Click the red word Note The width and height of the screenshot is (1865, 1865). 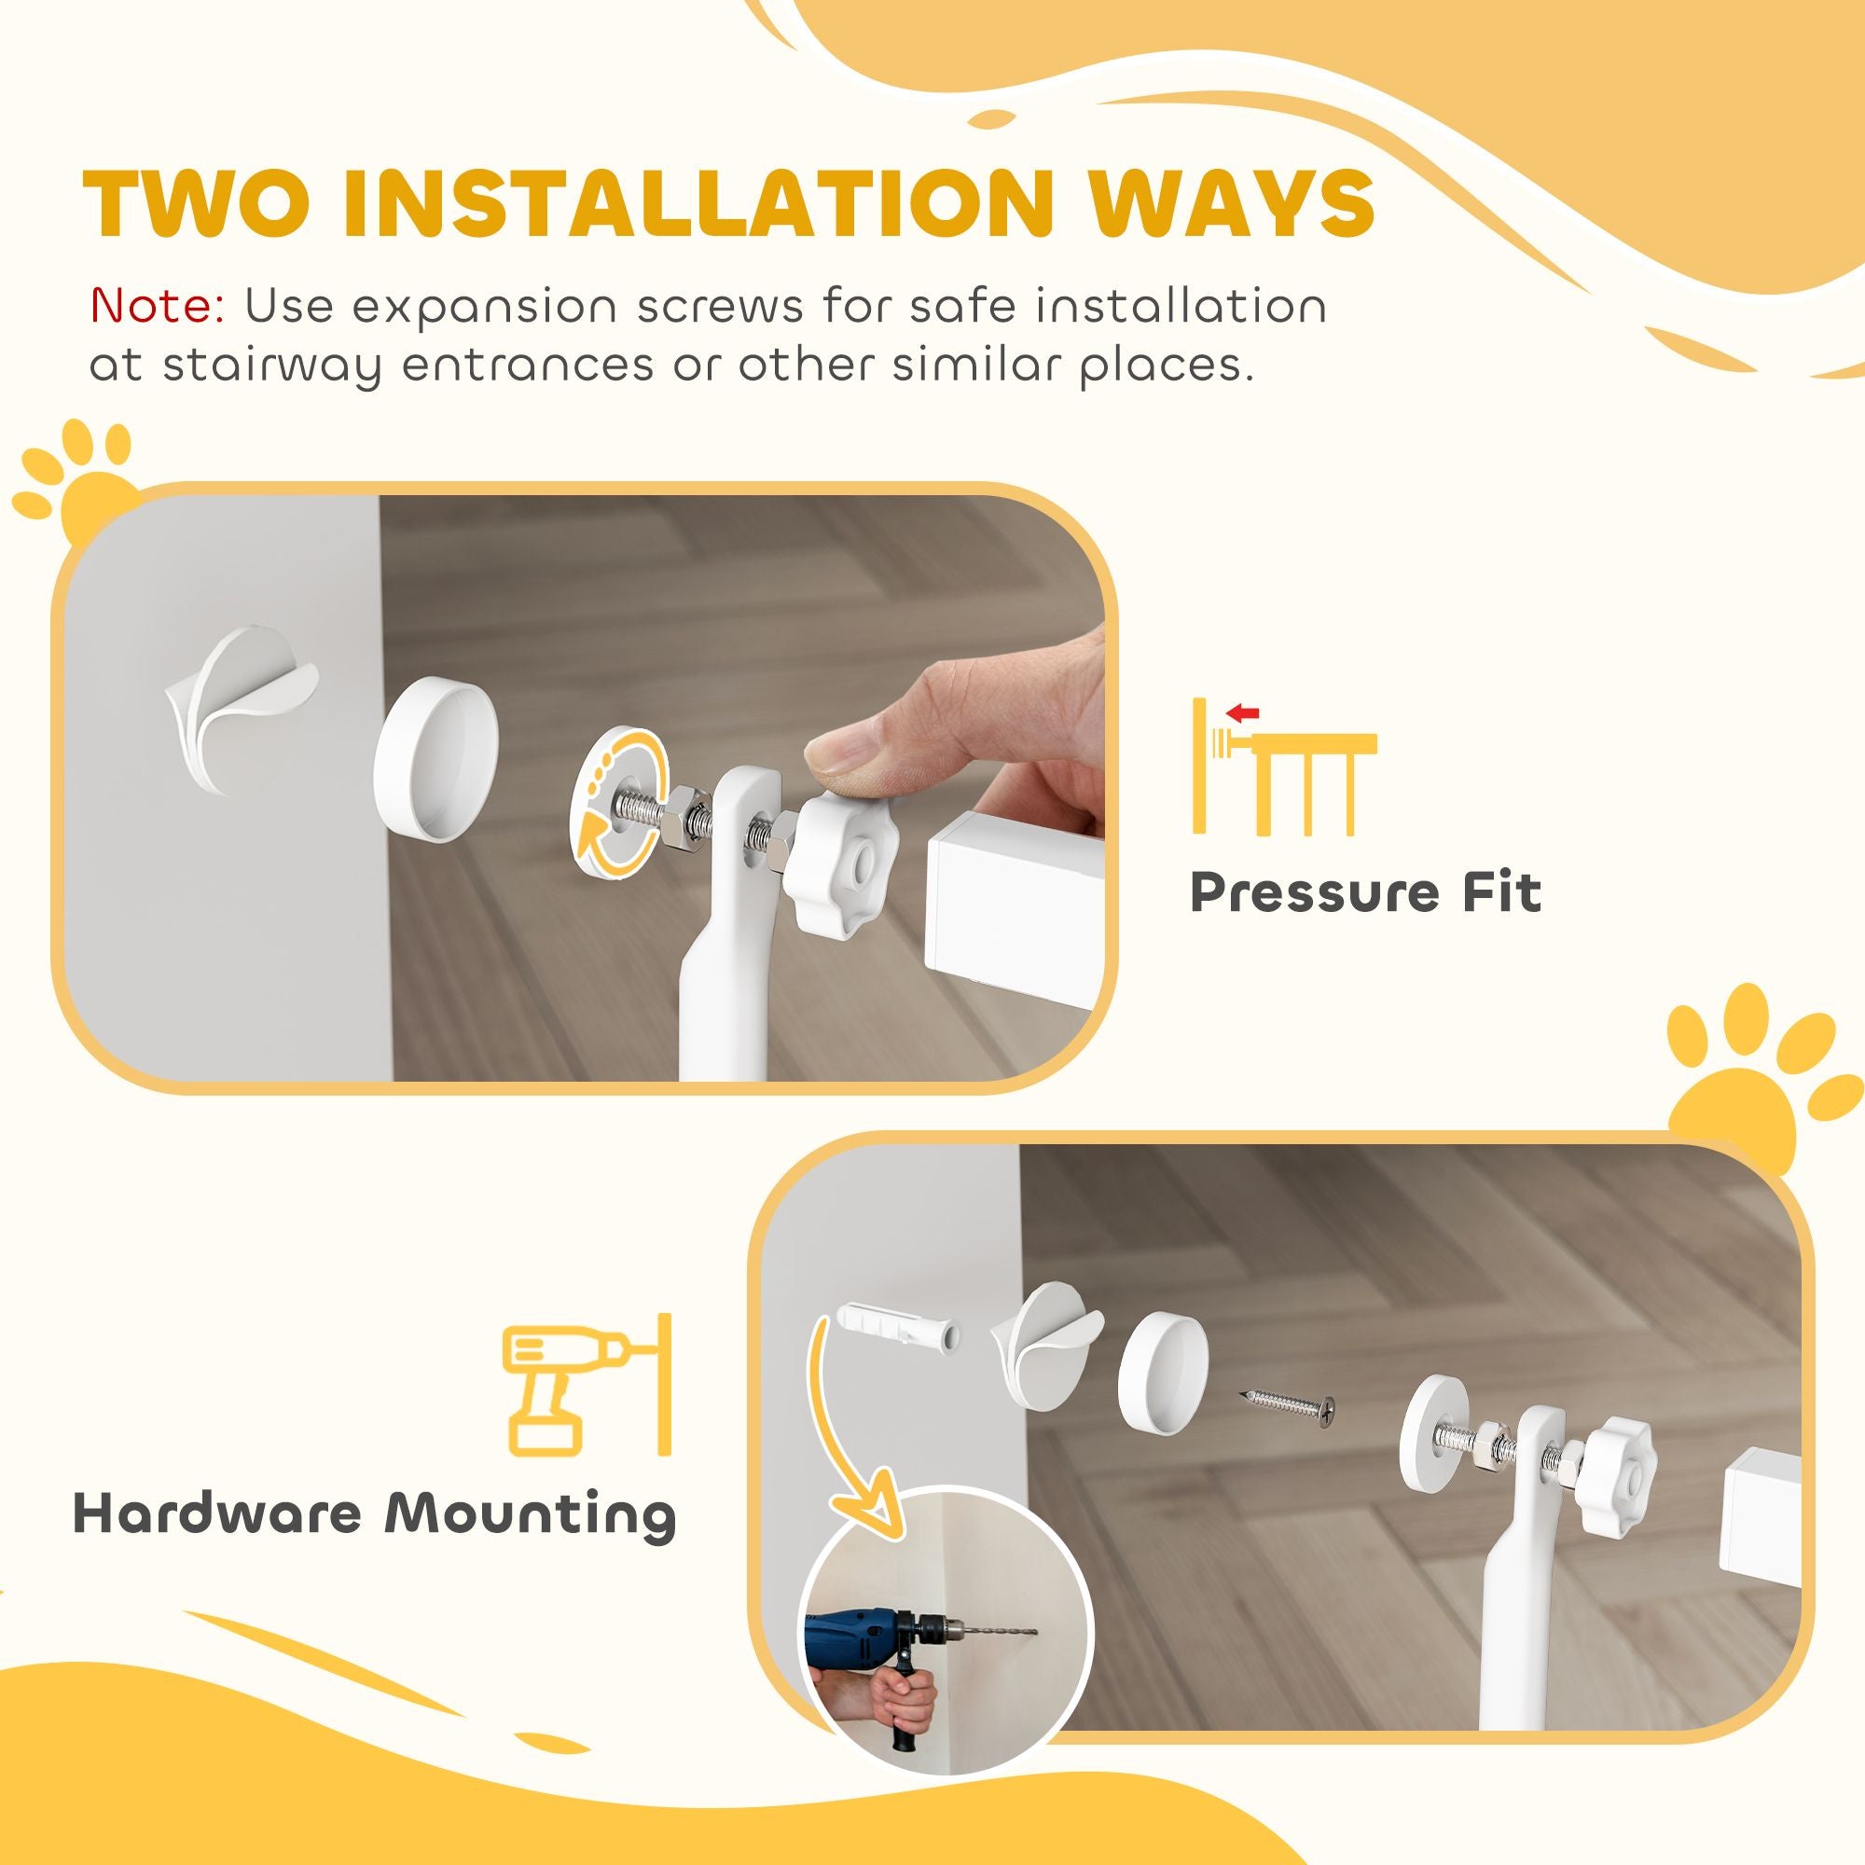click(158, 306)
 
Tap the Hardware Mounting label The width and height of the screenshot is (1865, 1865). click(376, 1513)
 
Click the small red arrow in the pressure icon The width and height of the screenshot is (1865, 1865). click(1241, 713)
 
